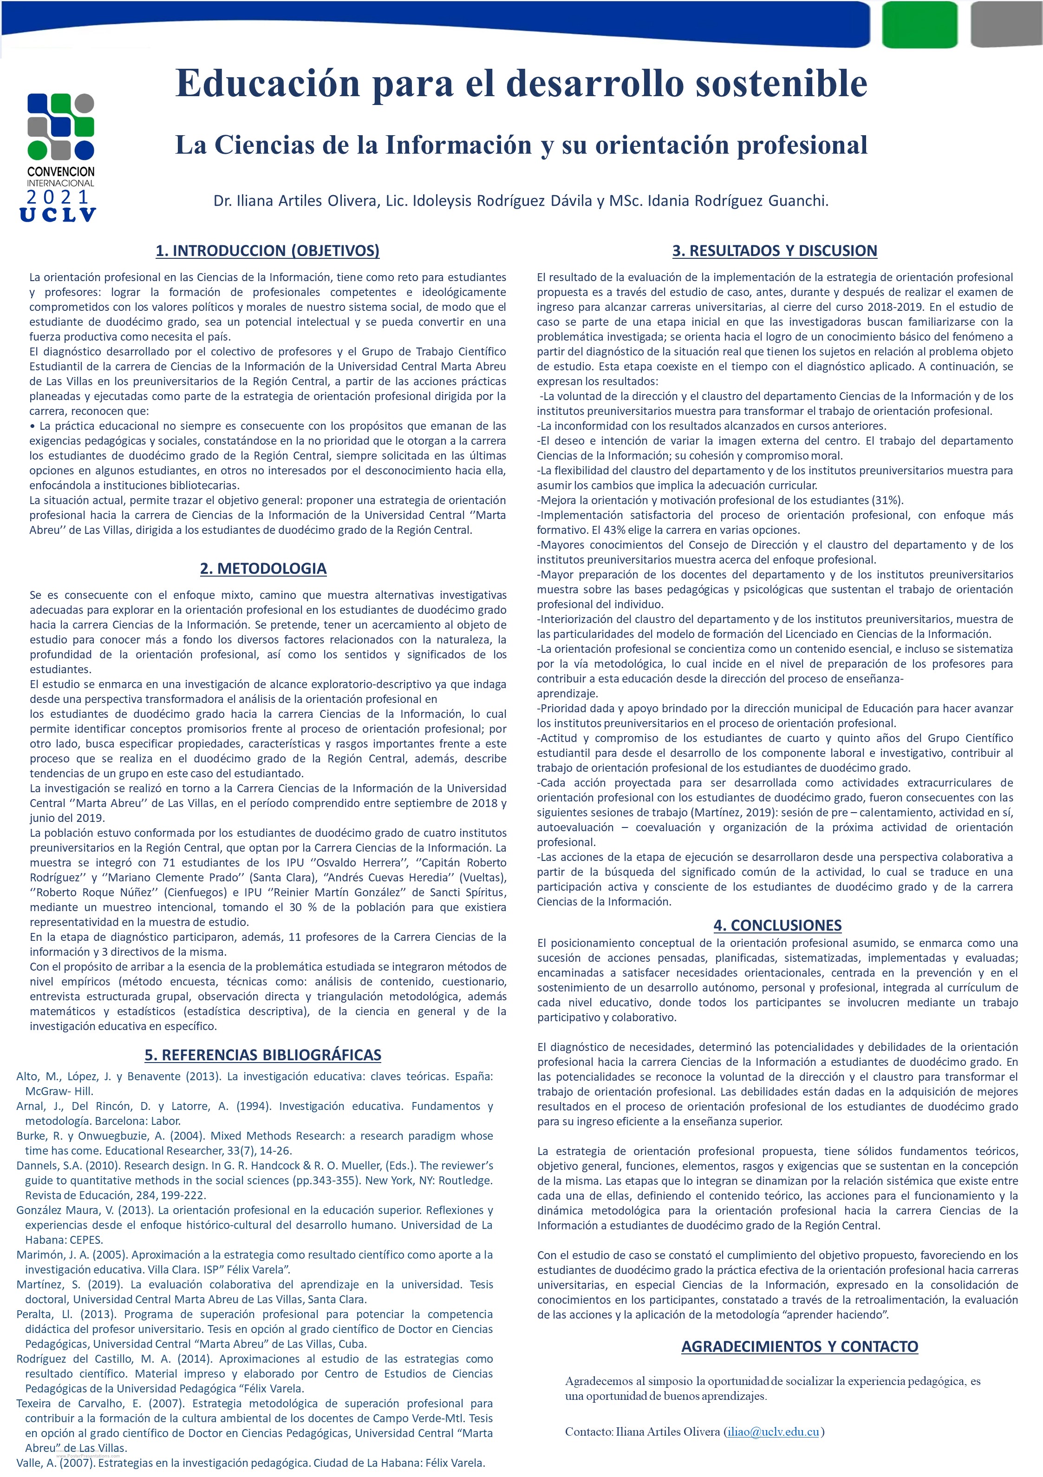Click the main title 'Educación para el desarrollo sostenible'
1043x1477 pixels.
[521, 84]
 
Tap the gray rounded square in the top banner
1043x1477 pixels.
[1005, 23]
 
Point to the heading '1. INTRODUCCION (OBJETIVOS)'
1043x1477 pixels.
[267, 250]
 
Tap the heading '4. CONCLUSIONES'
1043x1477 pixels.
[777, 925]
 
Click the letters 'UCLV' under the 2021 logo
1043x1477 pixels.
[59, 215]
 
